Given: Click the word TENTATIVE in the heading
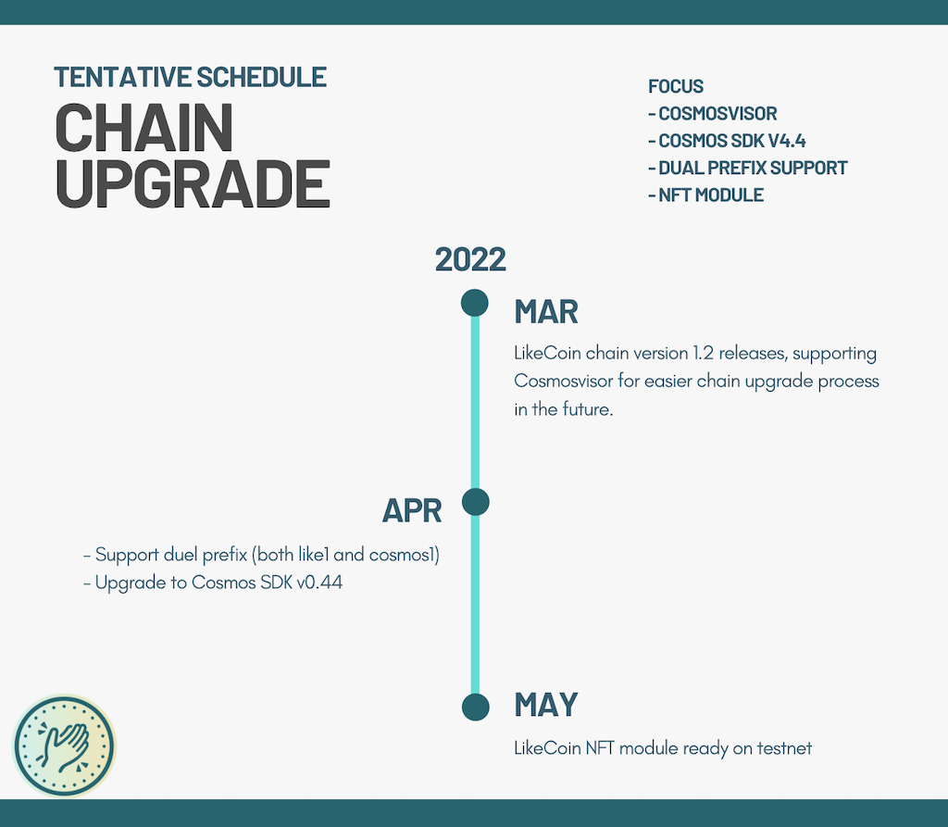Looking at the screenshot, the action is click(122, 78).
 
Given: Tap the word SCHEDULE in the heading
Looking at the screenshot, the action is click(261, 78).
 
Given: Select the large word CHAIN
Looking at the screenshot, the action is click(143, 128).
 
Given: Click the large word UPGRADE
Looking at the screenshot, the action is click(193, 183).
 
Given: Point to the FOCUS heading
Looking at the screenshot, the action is click(676, 86).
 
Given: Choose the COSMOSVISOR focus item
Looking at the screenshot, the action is click(713, 114).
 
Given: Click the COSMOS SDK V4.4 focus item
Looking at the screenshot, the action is click(727, 141).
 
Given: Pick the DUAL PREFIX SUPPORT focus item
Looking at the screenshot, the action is click(748, 169).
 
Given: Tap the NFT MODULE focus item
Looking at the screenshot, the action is click(705, 195).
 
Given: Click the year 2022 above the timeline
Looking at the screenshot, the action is click(470, 259).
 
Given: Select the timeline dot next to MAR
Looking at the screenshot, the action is click(475, 303).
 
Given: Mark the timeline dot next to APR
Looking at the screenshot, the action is click(475, 502).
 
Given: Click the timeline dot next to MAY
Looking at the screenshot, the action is click(475, 707).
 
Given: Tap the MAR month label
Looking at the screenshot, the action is click(546, 312).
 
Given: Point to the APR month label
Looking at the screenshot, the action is click(412, 511).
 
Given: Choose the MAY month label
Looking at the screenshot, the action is click(546, 705).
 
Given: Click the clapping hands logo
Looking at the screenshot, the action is click(64, 746).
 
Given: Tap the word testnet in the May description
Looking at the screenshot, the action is click(784, 748).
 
